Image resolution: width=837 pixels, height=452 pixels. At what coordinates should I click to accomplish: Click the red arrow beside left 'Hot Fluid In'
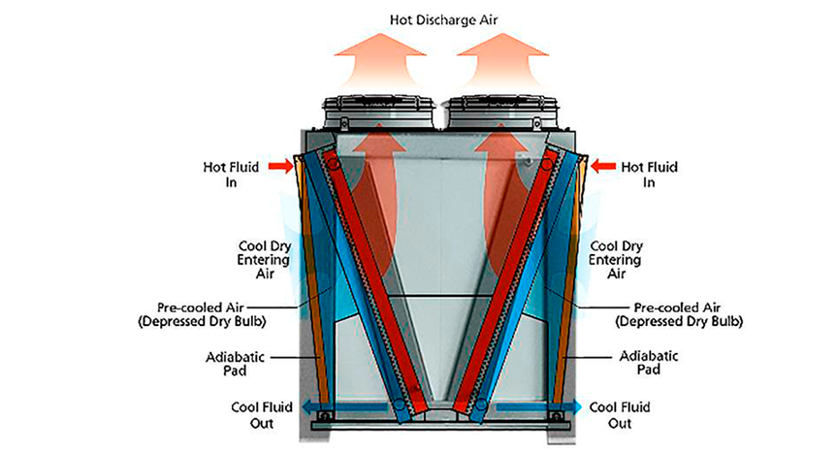coord(276,168)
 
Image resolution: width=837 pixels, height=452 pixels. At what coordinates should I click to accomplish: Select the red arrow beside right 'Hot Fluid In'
coord(602,168)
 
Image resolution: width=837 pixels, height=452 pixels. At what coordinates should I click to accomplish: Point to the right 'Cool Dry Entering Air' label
coord(617,260)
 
